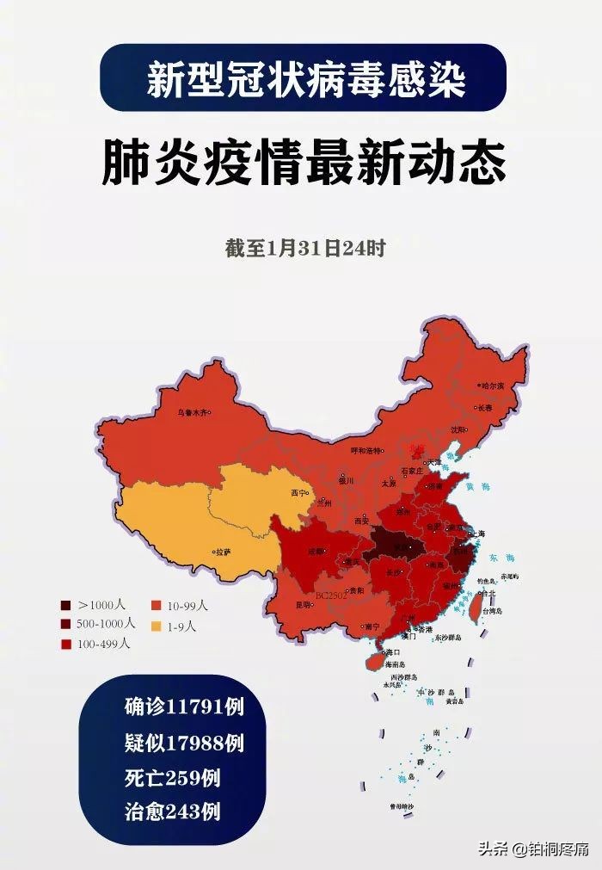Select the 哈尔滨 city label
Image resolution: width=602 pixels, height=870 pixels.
(x=492, y=386)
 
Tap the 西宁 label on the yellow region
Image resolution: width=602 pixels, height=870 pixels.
(x=299, y=493)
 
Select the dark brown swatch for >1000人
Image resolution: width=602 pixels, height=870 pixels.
(x=66, y=605)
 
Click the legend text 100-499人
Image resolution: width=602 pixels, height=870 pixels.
(x=104, y=644)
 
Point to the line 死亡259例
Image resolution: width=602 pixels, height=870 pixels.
(x=172, y=777)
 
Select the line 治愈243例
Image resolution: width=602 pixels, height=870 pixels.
(x=172, y=811)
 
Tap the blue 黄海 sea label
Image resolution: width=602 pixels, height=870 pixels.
(x=470, y=487)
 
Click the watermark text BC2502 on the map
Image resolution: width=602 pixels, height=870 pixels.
(x=330, y=595)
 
